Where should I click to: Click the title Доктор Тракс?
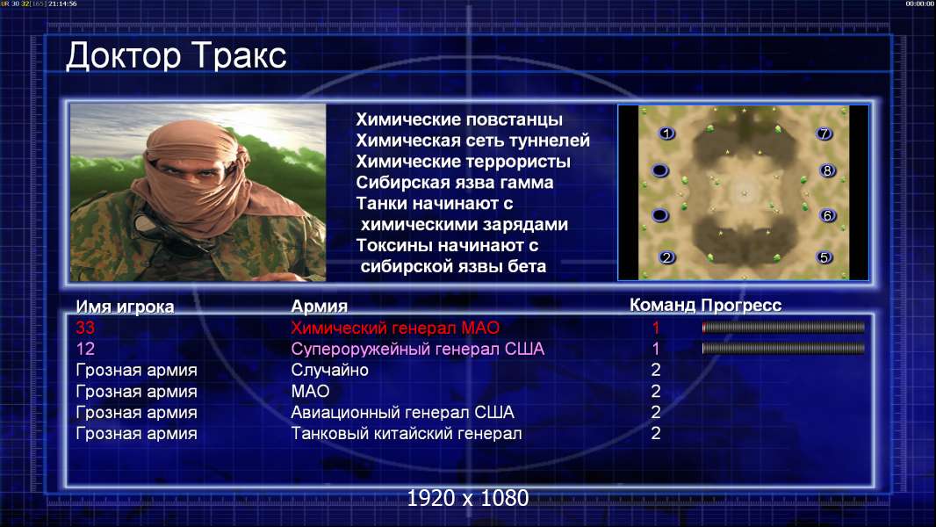click(176, 56)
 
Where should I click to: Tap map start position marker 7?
click(824, 134)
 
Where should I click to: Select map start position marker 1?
click(666, 134)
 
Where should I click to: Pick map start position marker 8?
click(827, 170)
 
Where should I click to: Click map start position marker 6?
click(827, 215)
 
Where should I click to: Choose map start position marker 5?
click(824, 257)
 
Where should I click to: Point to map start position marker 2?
click(666, 257)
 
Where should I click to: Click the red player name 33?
click(85, 328)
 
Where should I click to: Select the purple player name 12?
click(85, 349)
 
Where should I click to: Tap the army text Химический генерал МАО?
click(395, 328)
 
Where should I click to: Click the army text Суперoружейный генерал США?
click(417, 350)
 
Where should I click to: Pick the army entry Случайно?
click(329, 370)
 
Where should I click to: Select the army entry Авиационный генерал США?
click(402, 413)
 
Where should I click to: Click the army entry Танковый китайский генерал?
click(406, 433)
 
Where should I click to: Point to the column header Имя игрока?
click(125, 307)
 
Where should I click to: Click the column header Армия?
click(319, 307)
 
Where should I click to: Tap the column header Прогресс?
click(741, 305)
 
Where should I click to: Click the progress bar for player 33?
click(783, 327)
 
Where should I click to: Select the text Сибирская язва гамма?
click(454, 183)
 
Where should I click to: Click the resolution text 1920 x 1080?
click(468, 498)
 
